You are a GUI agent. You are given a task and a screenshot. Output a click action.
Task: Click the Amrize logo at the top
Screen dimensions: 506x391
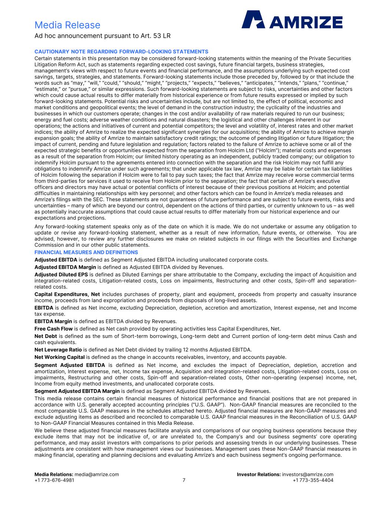pos(292,20)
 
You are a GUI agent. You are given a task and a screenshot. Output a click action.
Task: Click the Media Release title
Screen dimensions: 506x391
pos(67,25)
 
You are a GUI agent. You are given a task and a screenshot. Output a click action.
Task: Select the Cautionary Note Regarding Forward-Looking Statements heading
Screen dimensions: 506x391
pos(121,52)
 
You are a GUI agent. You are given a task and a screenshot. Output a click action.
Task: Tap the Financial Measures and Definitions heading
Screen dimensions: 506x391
pos(86,252)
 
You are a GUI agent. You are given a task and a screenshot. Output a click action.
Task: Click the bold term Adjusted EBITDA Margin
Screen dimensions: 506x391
pos(65,267)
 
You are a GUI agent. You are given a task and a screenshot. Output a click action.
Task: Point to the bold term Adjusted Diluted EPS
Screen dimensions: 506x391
pos(61,275)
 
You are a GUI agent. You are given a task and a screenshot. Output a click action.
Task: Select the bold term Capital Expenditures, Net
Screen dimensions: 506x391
pos(67,294)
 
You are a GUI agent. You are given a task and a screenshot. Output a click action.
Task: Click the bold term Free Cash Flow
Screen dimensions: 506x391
pos(53,329)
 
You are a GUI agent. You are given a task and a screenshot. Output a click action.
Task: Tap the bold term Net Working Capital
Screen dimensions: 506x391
pos(59,357)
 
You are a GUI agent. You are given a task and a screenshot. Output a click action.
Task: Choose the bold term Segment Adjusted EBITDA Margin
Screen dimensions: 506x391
pos(77,391)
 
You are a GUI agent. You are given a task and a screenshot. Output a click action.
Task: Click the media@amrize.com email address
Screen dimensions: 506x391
pos(97,474)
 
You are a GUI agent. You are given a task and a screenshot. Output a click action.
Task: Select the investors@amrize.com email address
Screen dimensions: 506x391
pos(308,474)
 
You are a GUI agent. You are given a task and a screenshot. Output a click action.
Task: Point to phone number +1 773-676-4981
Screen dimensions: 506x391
pos(54,480)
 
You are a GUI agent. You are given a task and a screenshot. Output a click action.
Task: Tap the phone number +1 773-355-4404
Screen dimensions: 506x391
pos(313,480)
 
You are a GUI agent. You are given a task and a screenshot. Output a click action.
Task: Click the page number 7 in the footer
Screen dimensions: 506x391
pos(184,480)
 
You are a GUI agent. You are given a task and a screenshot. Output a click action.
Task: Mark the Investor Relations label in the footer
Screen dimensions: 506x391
pos(259,474)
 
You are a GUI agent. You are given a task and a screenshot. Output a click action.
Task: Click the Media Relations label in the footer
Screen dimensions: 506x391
pos(54,474)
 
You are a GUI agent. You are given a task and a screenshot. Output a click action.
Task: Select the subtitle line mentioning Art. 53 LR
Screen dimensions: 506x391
pos(102,36)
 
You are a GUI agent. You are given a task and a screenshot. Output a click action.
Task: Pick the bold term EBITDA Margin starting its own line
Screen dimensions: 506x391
pos(53,321)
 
